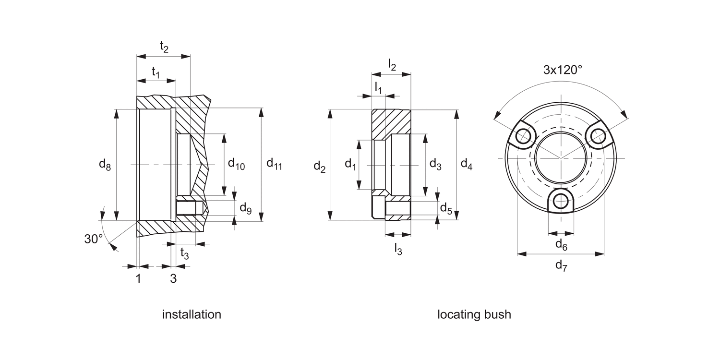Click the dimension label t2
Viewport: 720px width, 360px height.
coord(164,47)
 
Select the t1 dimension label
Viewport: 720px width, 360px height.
coord(156,72)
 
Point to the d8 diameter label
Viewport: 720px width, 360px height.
coord(105,165)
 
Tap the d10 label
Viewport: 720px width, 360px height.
coord(236,165)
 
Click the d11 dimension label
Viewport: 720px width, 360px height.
coord(274,165)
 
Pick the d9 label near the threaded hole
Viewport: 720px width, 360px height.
coord(245,208)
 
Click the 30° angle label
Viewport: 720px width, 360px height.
coord(94,239)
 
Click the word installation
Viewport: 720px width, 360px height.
coord(192,314)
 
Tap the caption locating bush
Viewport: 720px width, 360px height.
coord(474,314)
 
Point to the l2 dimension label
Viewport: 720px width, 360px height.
coord(392,65)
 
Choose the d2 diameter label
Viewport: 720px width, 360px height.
coord(319,167)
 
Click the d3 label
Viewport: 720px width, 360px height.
coord(435,165)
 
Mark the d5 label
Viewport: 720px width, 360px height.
coord(446,208)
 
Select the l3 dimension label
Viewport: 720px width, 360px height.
coord(398,249)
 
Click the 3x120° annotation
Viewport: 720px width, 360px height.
coord(563,70)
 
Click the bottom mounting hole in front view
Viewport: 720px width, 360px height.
coord(561,202)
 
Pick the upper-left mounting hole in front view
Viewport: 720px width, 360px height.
coord(523,137)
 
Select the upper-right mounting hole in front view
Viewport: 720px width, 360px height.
coord(598,136)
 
